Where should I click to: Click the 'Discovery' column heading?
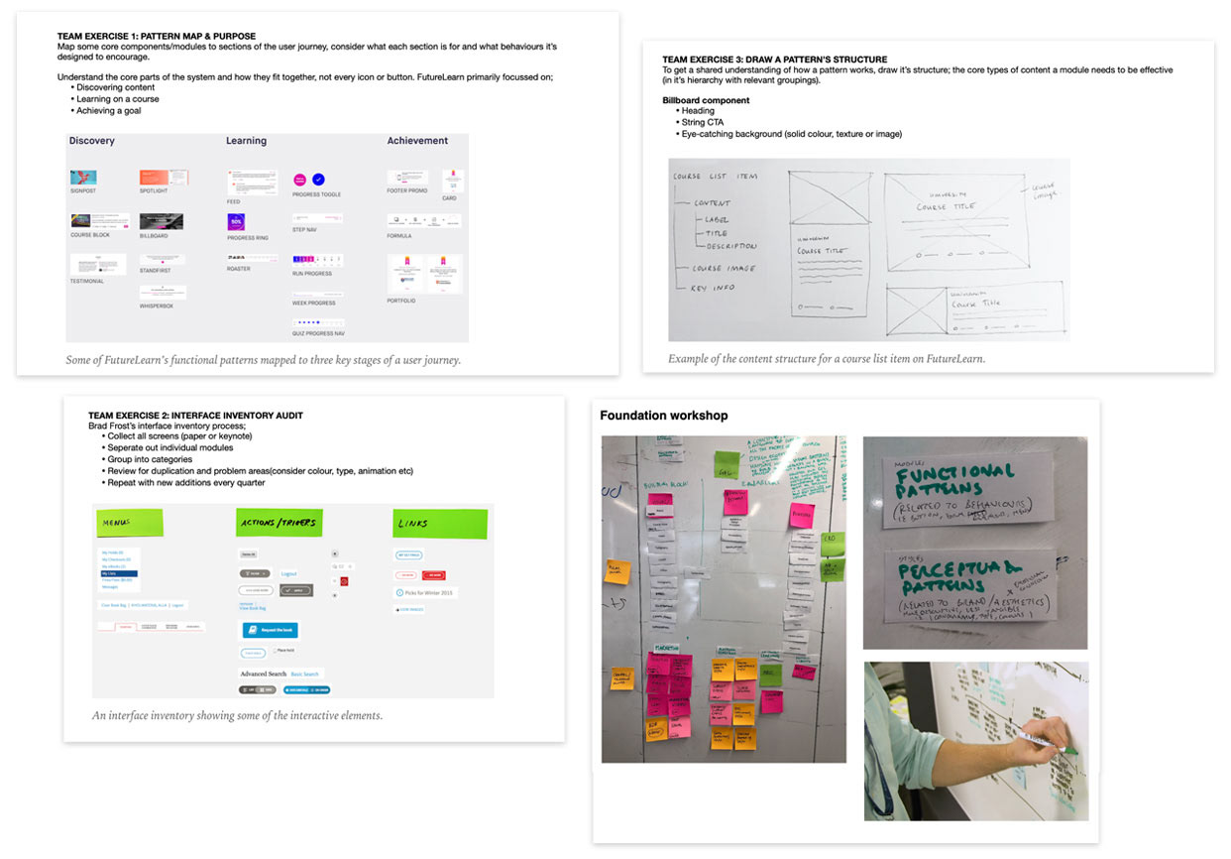[92, 141]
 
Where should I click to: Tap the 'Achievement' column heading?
[417, 141]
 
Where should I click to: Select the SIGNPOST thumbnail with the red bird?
[83, 178]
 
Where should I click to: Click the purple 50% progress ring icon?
[236, 222]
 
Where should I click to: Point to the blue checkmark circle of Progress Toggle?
[318, 180]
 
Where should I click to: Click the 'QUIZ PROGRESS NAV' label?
[318, 333]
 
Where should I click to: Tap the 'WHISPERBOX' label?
[157, 306]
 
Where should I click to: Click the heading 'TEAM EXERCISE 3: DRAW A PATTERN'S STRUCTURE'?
[775, 60]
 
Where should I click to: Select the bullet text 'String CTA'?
[703, 122]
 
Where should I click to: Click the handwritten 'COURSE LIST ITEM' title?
[715, 177]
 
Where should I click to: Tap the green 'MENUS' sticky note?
[129, 523]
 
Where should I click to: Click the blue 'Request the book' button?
[270, 630]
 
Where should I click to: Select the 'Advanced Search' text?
[263, 674]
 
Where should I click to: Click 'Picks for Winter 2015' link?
[428, 592]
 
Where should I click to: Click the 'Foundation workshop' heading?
[664, 416]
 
